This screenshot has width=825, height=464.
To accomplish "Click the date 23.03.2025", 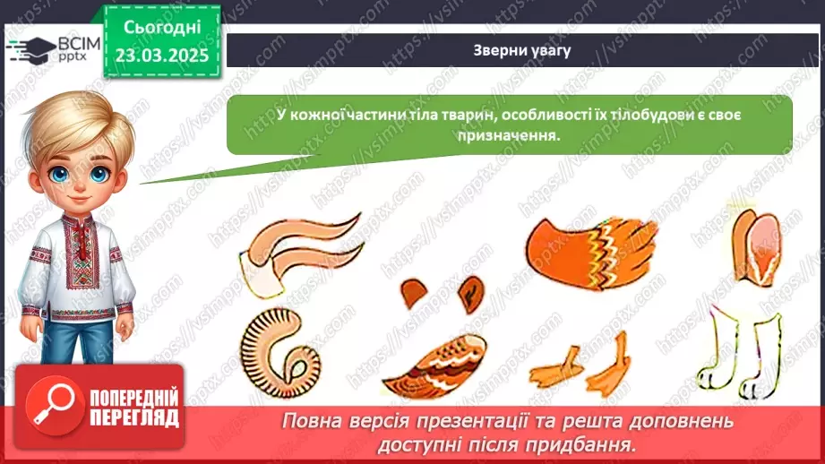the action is (x=162, y=55).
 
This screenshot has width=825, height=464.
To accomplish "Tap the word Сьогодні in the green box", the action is (x=162, y=28).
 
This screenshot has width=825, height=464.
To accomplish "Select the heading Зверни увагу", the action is (x=522, y=50).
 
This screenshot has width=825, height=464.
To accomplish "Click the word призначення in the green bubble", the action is (x=508, y=135).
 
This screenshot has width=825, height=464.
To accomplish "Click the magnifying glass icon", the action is (x=54, y=406).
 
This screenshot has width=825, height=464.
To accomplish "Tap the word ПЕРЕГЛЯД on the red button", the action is (x=134, y=418).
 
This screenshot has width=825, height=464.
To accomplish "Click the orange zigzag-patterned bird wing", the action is (x=592, y=253).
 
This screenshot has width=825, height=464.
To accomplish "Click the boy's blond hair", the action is (x=79, y=124).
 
